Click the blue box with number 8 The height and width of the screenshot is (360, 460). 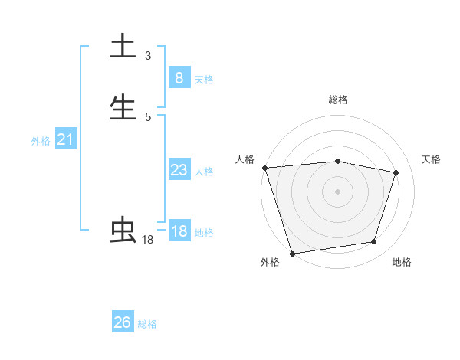tap(179, 77)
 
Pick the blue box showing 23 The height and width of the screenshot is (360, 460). tap(179, 170)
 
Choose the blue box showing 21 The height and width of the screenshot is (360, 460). tap(65, 139)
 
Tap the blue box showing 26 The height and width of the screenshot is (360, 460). tap(123, 322)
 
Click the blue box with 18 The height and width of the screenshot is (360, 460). tap(179, 231)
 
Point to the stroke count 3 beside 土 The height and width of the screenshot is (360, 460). tap(148, 55)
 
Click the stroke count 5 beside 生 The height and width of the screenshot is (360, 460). tap(148, 117)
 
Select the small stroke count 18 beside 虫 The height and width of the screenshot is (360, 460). tap(147, 240)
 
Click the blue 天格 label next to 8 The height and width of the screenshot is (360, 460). tap(204, 79)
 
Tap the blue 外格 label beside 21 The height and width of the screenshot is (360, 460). tap(41, 141)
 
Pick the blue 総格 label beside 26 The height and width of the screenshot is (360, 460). tap(147, 324)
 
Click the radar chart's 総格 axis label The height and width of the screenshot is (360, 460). tap(338, 100)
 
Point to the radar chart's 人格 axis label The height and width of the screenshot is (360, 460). tap(245, 159)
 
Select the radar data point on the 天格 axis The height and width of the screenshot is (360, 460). tap(396, 172)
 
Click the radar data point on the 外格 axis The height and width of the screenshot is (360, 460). tap(292, 253)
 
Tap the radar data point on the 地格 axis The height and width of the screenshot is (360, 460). tap(374, 242)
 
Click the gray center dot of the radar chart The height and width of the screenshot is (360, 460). tap(338, 191)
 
